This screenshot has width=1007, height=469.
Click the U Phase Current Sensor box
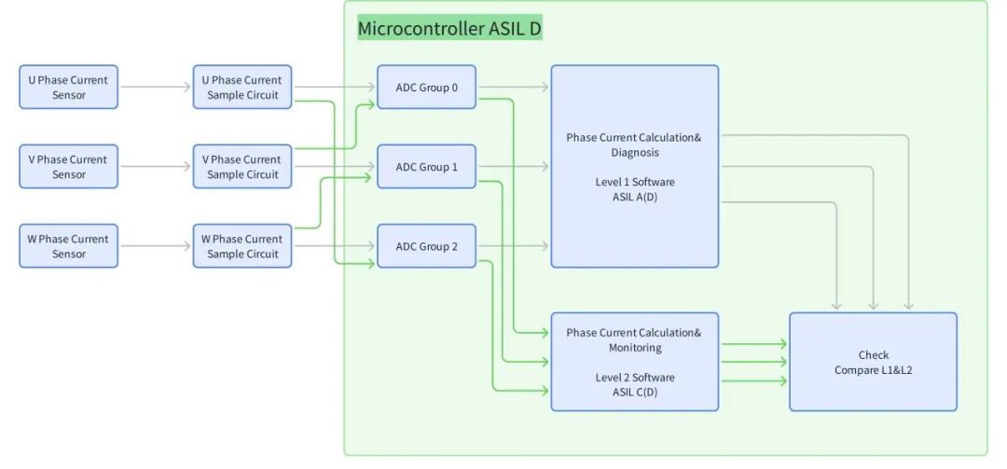(68, 87)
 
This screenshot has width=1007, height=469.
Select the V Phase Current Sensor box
(68, 167)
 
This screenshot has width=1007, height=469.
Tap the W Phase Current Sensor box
(68, 246)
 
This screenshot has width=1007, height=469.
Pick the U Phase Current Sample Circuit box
(242, 87)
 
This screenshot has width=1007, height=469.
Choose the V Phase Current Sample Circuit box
(242, 167)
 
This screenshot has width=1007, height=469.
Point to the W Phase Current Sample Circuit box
(242, 246)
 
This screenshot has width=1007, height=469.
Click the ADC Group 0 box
(426, 88)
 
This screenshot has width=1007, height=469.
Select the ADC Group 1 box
(426, 167)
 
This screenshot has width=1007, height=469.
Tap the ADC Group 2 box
(426, 246)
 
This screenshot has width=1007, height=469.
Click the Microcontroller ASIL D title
(449, 29)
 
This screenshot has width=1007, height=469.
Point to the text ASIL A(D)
(634, 197)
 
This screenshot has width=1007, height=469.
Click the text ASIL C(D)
(634, 393)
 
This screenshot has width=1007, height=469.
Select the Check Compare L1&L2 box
(873, 362)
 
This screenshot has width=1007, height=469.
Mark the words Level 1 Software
(634, 182)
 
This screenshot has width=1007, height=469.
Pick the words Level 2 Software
(634, 378)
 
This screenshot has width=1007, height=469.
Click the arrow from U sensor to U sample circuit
(156, 88)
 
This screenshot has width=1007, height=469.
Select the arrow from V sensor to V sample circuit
(156, 167)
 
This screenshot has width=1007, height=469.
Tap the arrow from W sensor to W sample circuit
(156, 246)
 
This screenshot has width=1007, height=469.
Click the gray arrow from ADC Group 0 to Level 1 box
(513, 88)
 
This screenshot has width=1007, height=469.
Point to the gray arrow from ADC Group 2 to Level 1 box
(513, 246)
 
